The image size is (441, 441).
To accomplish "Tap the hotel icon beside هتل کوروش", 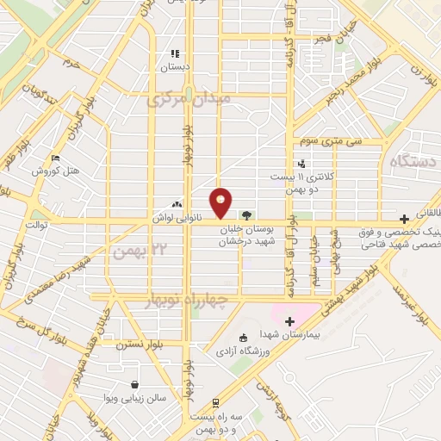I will pos(56,158).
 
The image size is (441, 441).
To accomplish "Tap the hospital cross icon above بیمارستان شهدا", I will pos(289,321).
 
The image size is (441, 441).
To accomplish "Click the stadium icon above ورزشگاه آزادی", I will pos(242,338).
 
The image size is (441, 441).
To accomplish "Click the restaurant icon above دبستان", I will pos(176,53).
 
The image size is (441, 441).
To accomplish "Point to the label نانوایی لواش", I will pos(178,219).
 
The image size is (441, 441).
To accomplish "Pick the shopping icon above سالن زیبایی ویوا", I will pos(134,385).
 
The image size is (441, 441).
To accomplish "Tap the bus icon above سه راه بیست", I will pos(214,401).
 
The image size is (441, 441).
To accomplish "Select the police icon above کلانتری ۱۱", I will pos(301,164).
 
